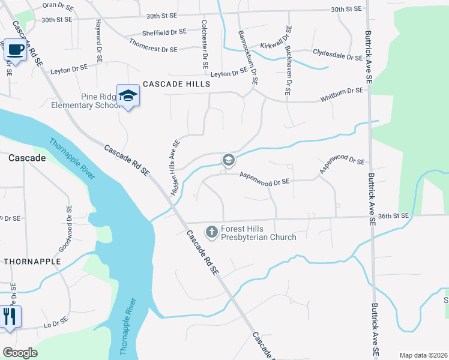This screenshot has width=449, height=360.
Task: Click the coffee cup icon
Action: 16,50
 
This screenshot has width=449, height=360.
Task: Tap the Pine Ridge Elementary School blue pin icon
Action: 128,95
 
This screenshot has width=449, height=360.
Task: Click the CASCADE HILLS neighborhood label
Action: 176,84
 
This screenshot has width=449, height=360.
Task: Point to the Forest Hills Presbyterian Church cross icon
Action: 211,231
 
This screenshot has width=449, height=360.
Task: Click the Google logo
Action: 20,352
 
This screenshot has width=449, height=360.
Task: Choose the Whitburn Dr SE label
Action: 342,91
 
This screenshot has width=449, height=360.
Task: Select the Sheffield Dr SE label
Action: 164,32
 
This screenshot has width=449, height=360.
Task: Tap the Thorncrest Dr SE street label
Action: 152,46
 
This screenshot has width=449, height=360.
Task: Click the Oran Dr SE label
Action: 57,5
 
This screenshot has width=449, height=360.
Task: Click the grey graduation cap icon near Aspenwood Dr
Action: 228,160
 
